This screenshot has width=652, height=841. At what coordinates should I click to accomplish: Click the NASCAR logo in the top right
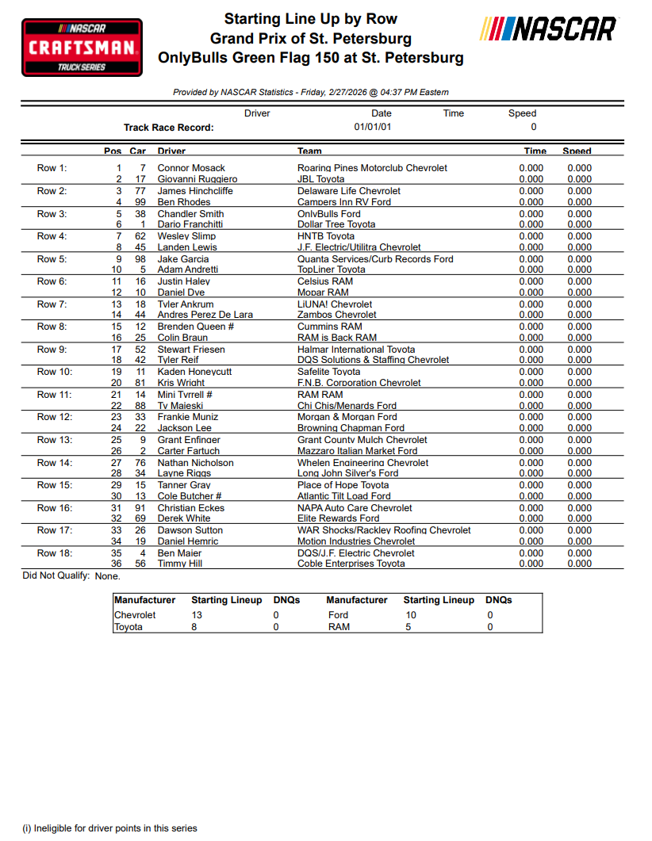coord(547,30)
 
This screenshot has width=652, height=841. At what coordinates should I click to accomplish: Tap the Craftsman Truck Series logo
coord(82,48)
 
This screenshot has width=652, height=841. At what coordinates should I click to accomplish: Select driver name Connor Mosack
coord(191,168)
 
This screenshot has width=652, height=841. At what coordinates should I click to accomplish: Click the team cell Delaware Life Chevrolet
coord(349,191)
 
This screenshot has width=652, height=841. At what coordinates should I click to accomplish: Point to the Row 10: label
coord(54,372)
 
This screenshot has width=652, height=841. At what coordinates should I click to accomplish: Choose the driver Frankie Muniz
coord(188,417)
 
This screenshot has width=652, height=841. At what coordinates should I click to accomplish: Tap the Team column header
coord(309,151)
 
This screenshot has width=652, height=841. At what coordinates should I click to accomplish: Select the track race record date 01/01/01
coord(373,127)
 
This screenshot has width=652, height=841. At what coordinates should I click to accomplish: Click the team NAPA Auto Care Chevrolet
coord(355,508)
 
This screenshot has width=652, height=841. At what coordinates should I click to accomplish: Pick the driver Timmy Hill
coord(179,564)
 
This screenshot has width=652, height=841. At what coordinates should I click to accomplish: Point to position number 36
coord(116,564)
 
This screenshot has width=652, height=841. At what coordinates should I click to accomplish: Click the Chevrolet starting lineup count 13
coord(197,615)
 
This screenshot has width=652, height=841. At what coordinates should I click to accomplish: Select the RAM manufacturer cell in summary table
coord(339,627)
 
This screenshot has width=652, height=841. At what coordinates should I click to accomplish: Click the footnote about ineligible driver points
coord(109,828)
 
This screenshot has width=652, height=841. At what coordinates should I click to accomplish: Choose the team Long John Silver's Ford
coord(348,473)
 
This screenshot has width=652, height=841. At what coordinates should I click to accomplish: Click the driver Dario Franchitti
coord(190,224)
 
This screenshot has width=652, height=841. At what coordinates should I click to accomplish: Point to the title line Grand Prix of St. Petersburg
coord(310,38)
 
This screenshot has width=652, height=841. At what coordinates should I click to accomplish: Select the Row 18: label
coord(54,553)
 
